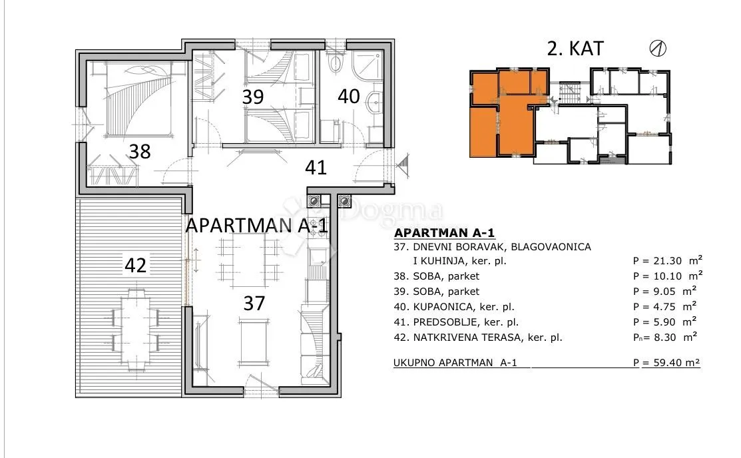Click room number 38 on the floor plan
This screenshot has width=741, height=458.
tap(140, 152)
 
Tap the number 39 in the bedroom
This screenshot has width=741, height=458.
tap(253, 97)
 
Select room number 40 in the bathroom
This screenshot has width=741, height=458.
tap(349, 96)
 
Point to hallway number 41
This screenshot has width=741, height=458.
tap(316, 167)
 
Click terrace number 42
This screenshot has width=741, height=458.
tap(136, 265)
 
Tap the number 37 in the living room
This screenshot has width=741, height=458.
tap(254, 304)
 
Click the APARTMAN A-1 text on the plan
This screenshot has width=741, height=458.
tap(256, 226)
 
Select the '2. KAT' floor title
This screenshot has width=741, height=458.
tap(575, 49)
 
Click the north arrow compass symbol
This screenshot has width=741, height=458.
tap(658, 48)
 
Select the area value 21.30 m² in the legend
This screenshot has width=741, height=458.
tap(668, 260)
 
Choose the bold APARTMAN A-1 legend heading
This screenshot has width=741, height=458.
tap(444, 233)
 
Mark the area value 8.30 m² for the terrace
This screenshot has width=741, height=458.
tap(665, 338)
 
